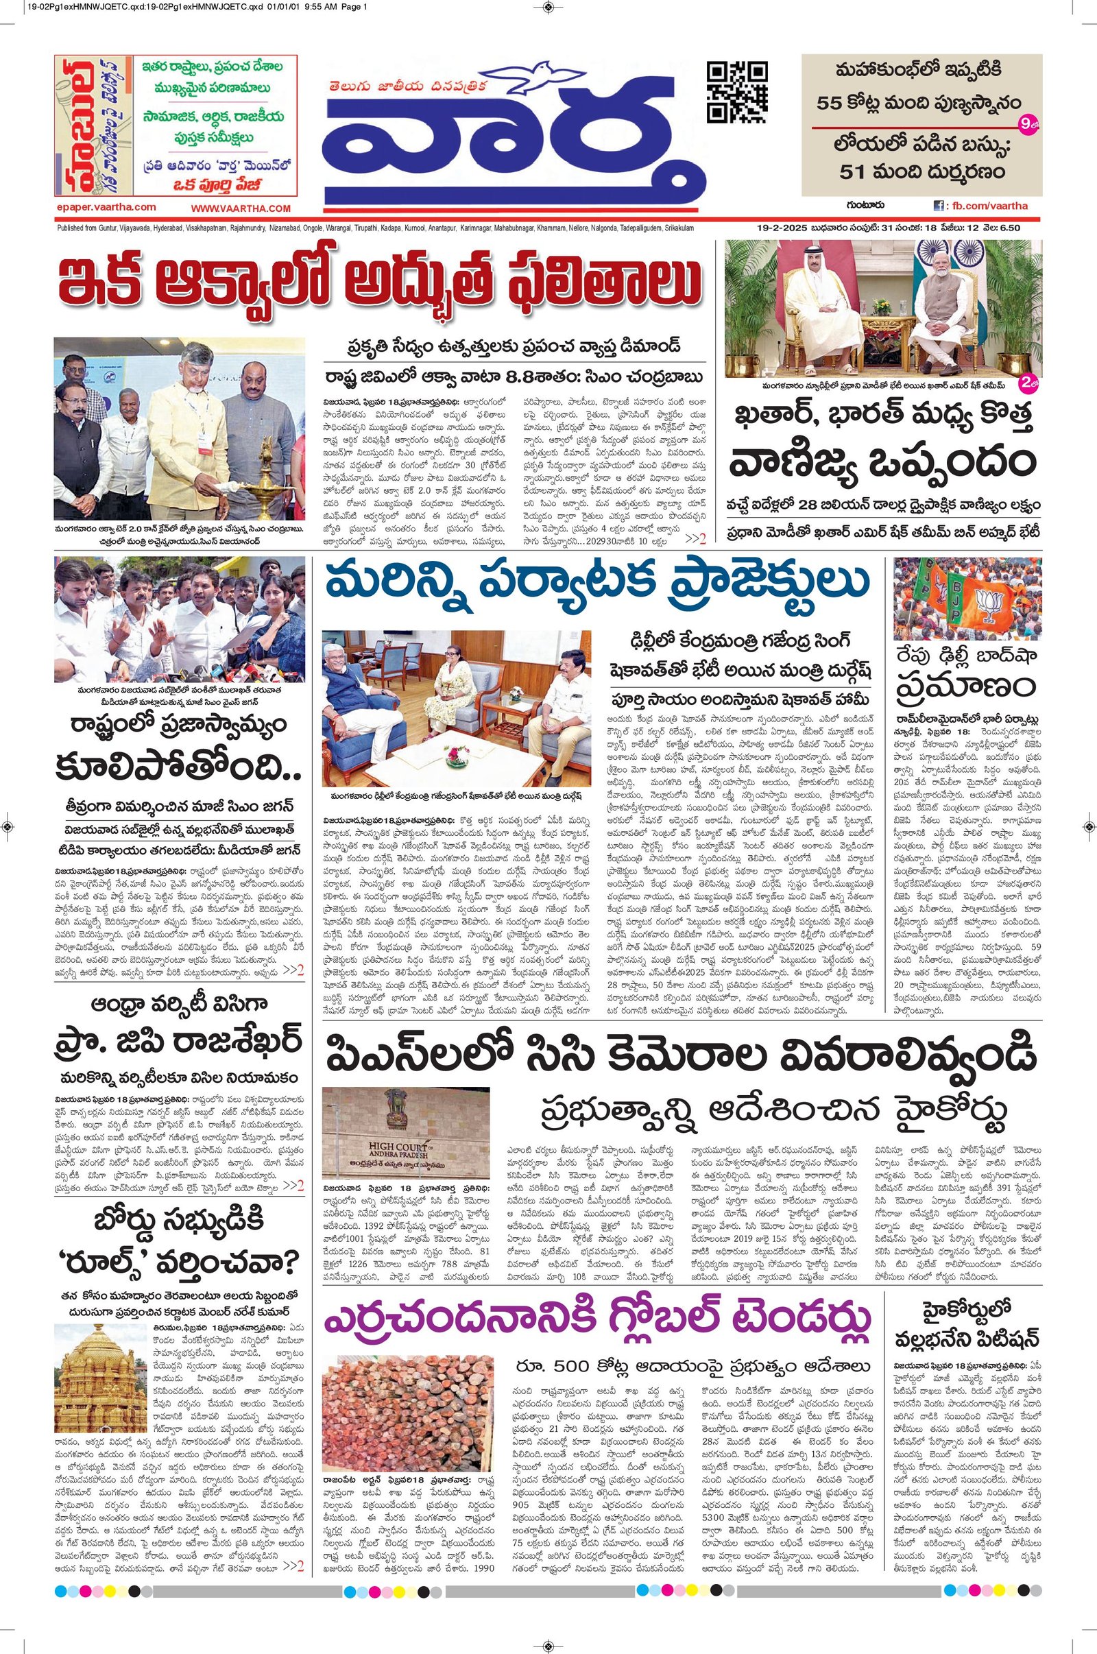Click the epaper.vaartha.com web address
[x=105, y=207]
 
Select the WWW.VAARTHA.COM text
[x=240, y=208]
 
